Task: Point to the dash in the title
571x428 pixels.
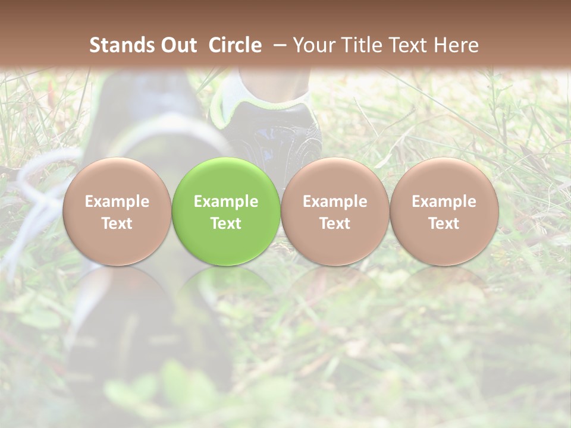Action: tap(277, 45)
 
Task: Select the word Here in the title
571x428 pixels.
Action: tap(457, 45)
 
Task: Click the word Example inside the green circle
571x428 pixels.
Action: tap(226, 202)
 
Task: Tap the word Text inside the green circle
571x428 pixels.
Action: tap(226, 224)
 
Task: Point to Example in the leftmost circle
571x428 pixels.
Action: tap(117, 202)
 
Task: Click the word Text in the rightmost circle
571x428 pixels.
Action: tap(444, 224)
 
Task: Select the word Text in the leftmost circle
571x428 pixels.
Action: tap(117, 224)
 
